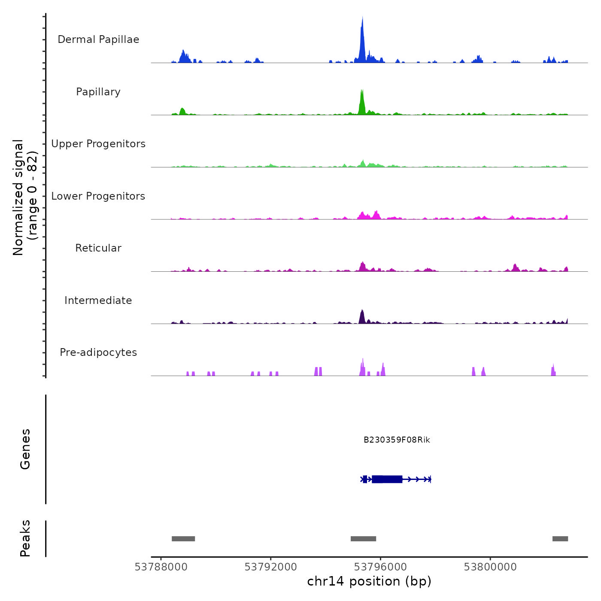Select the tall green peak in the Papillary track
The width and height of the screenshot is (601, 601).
[362, 103]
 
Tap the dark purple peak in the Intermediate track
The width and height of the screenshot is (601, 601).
[362, 317]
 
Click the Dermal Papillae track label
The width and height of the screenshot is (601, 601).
[98, 39]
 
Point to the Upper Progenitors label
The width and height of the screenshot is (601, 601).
[98, 144]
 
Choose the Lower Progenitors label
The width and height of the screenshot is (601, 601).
[98, 196]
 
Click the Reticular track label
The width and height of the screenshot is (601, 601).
[98, 248]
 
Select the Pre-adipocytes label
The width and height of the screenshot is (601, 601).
[98, 352]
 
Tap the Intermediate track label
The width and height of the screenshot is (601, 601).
[98, 300]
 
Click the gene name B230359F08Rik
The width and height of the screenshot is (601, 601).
[397, 440]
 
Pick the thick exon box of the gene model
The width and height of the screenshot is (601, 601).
[387, 479]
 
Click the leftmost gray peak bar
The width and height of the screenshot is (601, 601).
[183, 539]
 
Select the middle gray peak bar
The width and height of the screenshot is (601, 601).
[363, 539]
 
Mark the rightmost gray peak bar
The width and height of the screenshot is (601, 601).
[560, 539]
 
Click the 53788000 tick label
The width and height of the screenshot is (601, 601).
[161, 567]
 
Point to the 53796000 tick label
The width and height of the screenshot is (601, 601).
[380, 567]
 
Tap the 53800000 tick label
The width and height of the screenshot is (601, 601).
[490, 567]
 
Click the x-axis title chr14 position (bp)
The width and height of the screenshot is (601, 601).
[369, 581]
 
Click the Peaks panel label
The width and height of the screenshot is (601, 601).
[25, 538]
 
